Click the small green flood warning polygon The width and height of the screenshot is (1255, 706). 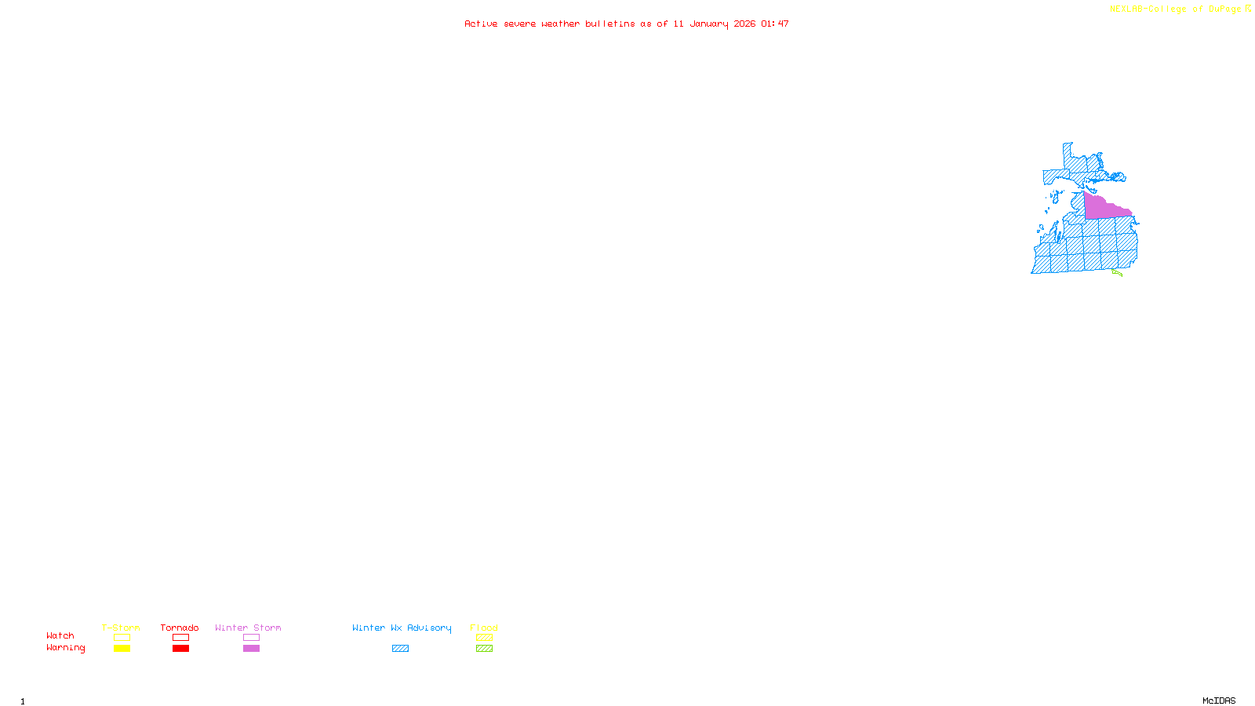1117,273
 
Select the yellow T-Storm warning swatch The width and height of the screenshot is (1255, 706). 122,649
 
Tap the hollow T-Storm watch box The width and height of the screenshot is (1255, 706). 122,638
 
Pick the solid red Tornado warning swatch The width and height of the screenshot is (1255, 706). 180,649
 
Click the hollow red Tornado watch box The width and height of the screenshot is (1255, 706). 180,638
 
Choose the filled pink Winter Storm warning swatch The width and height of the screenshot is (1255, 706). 251,649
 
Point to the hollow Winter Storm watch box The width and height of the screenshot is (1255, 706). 251,638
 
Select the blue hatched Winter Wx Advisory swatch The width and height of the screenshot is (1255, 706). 400,649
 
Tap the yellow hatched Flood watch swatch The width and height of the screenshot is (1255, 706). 484,638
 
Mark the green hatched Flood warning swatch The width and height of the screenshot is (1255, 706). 484,649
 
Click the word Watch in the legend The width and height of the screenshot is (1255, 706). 60,636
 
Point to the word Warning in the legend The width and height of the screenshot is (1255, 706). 65,648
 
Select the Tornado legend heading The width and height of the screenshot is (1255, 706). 180,628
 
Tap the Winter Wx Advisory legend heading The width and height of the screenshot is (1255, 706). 402,628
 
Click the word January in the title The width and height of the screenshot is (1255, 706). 709,24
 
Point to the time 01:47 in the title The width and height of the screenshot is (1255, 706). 775,24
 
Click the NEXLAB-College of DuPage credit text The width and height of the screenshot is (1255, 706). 1176,9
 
